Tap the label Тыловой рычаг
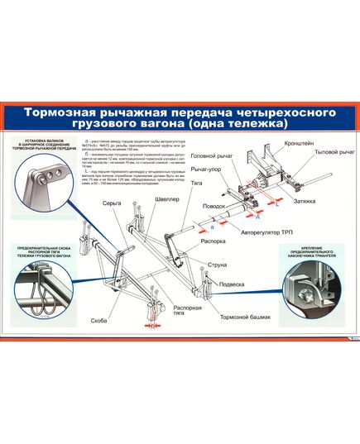334,153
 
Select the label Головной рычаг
210,155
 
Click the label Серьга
122,203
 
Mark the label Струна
218,267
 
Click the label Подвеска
230,284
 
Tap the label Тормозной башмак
246,317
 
